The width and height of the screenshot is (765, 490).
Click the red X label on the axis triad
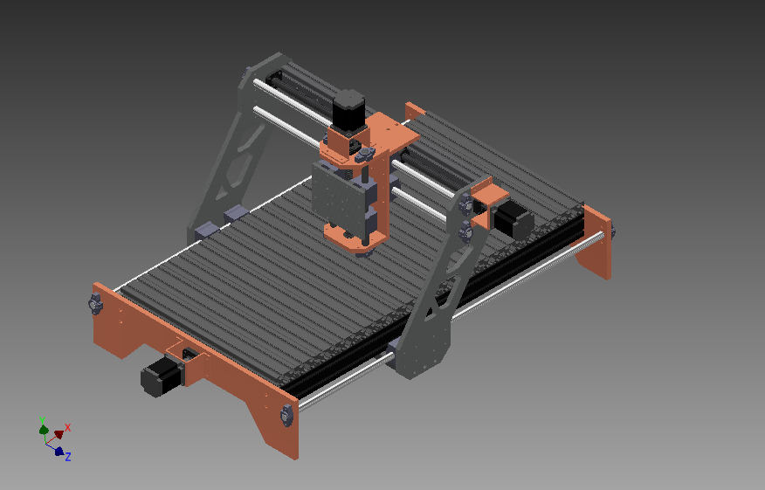[x=68, y=427]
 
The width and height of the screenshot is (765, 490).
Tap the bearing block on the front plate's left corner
[x=94, y=304]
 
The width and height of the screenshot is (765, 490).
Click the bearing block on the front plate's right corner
[x=286, y=416]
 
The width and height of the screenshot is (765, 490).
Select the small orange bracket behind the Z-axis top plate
[x=414, y=109]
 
